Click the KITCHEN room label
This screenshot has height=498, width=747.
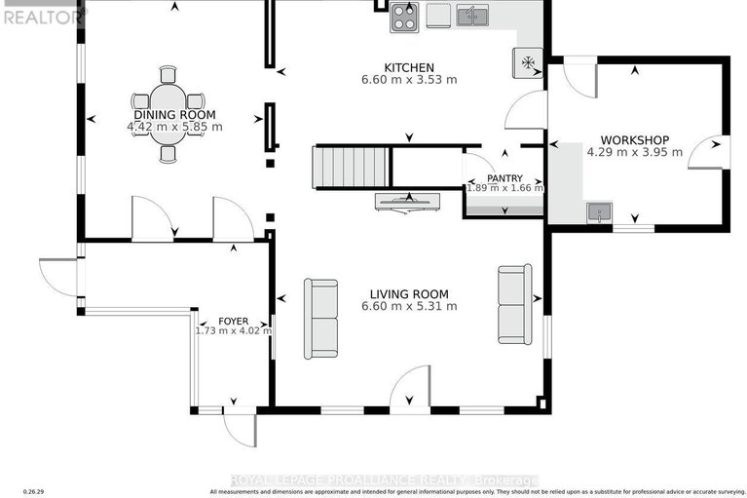[x=408, y=67]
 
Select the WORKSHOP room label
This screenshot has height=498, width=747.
[x=634, y=139]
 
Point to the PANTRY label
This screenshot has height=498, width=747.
[x=504, y=177]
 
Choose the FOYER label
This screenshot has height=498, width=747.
[x=233, y=320]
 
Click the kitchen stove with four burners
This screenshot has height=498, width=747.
[x=404, y=18]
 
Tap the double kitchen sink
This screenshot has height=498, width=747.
[x=473, y=16]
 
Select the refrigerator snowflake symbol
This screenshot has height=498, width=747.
[x=529, y=61]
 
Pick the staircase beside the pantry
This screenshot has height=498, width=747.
[x=350, y=168]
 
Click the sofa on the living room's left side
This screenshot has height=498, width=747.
[x=320, y=319]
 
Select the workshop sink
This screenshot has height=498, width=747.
[x=598, y=211]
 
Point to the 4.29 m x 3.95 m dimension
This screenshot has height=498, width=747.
[x=634, y=152]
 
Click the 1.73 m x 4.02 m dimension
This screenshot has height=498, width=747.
[x=233, y=330]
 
